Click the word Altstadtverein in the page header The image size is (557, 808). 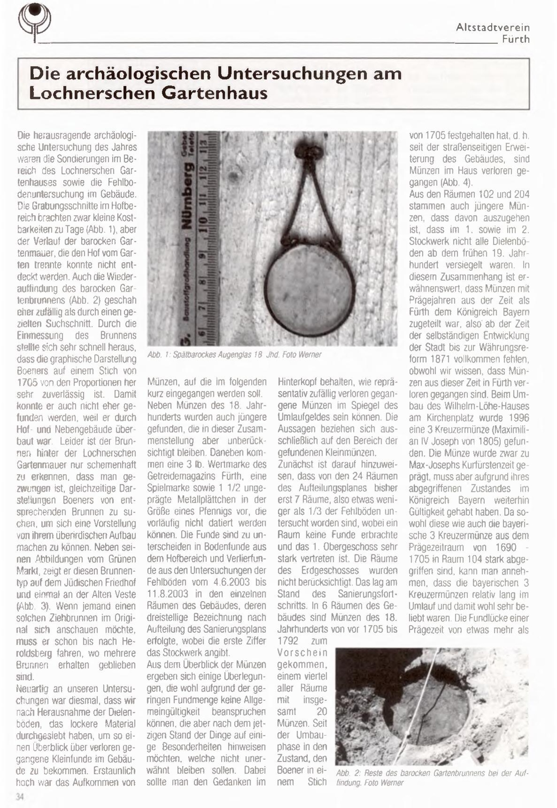coord(493,28)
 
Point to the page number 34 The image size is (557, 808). coord(20,796)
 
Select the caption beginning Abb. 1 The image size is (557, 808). coord(234,355)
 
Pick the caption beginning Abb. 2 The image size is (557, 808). coord(432,777)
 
